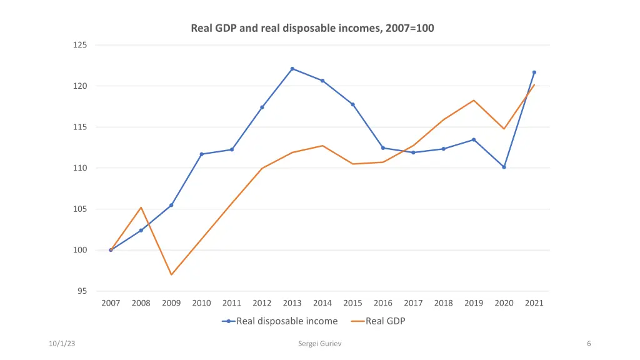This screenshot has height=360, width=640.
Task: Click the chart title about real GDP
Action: tap(312, 28)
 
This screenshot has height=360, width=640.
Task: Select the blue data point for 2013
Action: tap(292, 69)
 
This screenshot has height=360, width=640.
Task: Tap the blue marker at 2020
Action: tap(504, 167)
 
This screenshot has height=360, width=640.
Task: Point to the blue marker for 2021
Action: tap(534, 72)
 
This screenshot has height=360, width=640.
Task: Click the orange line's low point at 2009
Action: tap(171, 274)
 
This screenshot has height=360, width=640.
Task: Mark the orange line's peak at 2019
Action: tap(474, 100)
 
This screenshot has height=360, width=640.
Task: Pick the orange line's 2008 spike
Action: tap(141, 207)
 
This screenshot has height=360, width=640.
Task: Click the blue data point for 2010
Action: tap(201, 154)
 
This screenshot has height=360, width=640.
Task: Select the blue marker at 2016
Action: tap(383, 148)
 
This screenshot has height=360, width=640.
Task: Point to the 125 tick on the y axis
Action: tap(82, 45)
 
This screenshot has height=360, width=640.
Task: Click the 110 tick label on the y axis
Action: tap(82, 168)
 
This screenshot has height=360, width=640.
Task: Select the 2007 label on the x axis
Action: tap(111, 303)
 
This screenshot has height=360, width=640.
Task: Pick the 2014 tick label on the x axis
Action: tap(322, 303)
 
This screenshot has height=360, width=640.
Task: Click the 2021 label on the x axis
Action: tap(534, 303)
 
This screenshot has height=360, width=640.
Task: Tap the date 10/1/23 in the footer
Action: tap(63, 344)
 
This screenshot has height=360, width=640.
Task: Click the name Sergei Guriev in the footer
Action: tap(320, 344)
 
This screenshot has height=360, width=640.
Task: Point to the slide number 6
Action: tap(589, 344)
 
